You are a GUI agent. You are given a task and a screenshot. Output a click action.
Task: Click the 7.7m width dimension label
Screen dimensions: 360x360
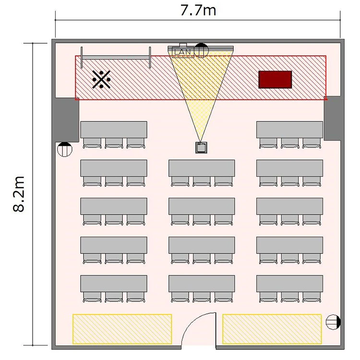(198, 11)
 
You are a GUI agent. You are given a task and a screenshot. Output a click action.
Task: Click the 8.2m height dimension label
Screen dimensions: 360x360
(18, 194)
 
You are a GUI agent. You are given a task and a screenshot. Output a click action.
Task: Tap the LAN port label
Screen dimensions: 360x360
(183, 52)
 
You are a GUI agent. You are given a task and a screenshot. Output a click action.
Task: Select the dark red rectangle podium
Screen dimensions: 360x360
(275, 79)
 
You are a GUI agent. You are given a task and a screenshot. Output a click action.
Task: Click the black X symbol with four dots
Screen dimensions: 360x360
(101, 79)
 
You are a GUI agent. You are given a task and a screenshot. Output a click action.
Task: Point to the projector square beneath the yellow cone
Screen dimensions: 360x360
(201, 148)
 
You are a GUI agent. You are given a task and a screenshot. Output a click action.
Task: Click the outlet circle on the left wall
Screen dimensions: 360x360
(64, 149)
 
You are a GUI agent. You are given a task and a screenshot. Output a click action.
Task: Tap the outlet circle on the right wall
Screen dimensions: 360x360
(333, 322)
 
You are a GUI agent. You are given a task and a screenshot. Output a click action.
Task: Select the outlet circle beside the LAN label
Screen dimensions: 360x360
(201, 50)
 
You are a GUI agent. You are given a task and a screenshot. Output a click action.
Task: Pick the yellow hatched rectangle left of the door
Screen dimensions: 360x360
(122, 329)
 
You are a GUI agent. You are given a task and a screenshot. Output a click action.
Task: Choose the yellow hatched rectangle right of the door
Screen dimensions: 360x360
(272, 329)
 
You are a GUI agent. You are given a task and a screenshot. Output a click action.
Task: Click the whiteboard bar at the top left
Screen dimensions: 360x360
(116, 58)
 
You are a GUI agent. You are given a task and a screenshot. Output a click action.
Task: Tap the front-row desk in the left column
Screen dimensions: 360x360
(114, 130)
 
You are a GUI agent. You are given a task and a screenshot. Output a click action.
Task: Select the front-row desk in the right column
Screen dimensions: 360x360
(289, 130)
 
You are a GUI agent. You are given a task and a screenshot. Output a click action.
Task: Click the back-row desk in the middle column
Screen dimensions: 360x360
(202, 284)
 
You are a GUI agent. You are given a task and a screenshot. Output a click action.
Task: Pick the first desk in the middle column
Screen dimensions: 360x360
(202, 168)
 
